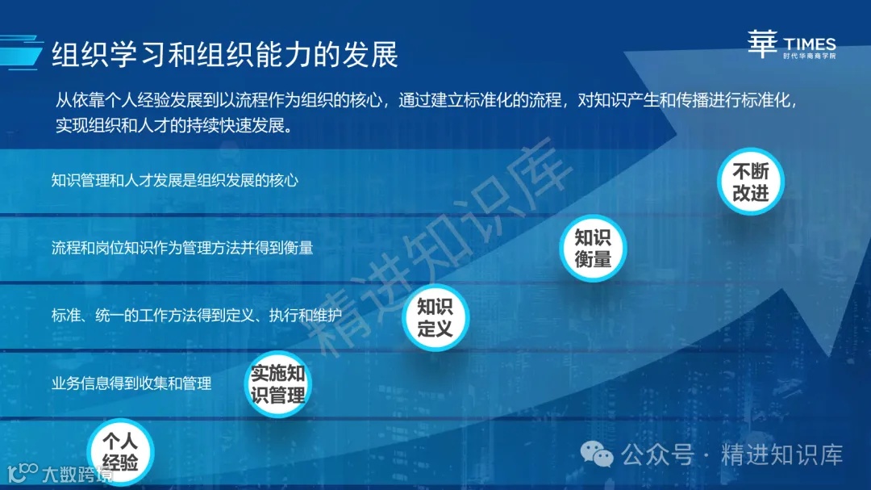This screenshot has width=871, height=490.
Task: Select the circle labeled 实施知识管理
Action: coord(277,384)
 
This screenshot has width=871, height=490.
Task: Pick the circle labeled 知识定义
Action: coord(435,318)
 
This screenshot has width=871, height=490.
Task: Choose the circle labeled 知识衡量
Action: coord(593,249)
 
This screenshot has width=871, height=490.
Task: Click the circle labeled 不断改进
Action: coord(750,182)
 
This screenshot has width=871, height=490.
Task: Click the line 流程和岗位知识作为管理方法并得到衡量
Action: coord(182,248)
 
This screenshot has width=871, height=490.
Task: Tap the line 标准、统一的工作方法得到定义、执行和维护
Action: coord(197,316)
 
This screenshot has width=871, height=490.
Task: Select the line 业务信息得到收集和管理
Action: coord(131,383)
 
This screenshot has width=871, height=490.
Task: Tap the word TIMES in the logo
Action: coord(809,44)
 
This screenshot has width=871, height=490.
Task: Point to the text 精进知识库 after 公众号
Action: coord(781,455)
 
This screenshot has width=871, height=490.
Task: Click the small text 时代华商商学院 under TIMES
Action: coord(809,57)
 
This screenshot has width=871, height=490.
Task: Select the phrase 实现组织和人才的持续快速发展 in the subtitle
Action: coord(173,126)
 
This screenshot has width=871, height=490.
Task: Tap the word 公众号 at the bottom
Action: coord(657,455)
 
